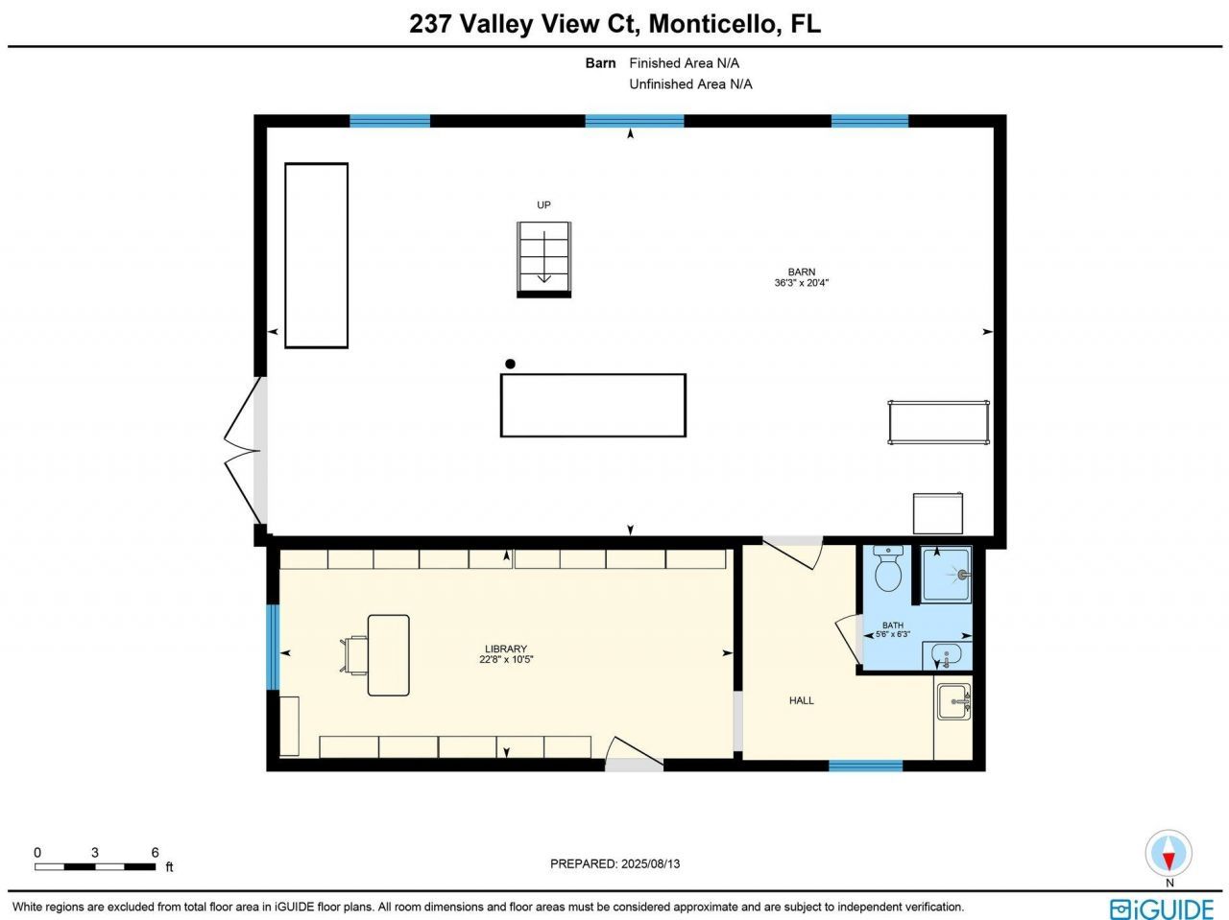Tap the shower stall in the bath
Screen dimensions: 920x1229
[x=947, y=575]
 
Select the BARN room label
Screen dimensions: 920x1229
[x=802, y=271]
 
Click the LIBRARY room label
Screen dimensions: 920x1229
[x=506, y=649]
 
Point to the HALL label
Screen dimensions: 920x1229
[x=802, y=700]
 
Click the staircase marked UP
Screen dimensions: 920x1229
[x=544, y=257]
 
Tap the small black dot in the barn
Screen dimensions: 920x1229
[x=511, y=364]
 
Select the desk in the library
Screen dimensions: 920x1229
[x=388, y=655]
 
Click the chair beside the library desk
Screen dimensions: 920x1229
[x=354, y=654]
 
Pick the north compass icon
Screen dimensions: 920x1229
[x=1169, y=854]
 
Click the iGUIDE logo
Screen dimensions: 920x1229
[x=1162, y=908]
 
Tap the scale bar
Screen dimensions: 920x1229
[x=95, y=866]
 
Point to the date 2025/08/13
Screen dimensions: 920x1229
[x=650, y=863]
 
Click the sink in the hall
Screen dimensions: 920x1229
[x=953, y=701]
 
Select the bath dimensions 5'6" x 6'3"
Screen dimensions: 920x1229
[x=892, y=634]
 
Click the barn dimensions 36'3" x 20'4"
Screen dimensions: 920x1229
[x=802, y=283]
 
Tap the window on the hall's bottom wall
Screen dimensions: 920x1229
[x=865, y=766]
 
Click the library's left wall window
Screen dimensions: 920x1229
[x=273, y=648]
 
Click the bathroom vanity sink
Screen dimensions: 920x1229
[x=947, y=656]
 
